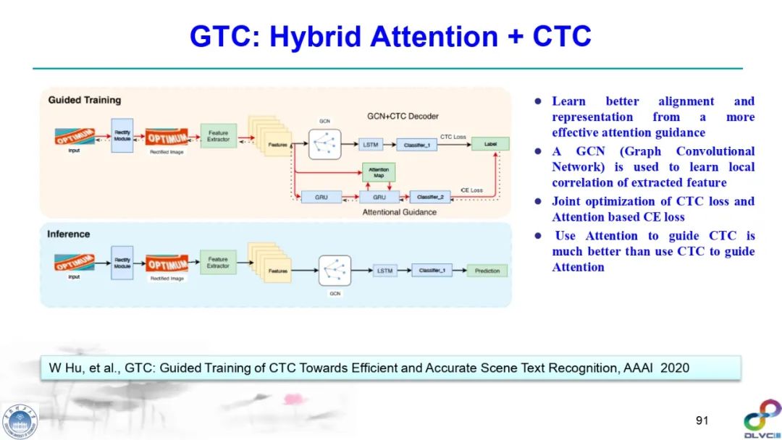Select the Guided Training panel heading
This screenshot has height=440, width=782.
(x=84, y=100)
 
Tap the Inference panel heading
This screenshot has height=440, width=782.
(x=68, y=234)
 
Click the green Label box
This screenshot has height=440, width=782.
(x=490, y=144)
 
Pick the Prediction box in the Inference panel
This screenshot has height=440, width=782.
(x=487, y=271)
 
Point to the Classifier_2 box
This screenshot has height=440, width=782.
(x=429, y=196)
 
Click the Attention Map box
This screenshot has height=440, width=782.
(x=379, y=173)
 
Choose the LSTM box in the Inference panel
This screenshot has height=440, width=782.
(x=384, y=271)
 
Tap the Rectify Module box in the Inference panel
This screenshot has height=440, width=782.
(x=122, y=263)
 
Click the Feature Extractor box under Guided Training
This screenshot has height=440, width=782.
(x=218, y=136)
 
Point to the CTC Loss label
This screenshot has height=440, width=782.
(x=453, y=136)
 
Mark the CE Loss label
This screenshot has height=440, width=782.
(x=471, y=190)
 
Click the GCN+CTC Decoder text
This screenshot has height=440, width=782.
(x=403, y=116)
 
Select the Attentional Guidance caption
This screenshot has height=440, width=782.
(x=399, y=212)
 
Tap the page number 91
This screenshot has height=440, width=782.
(x=701, y=420)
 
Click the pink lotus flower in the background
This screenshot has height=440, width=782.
(x=293, y=399)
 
